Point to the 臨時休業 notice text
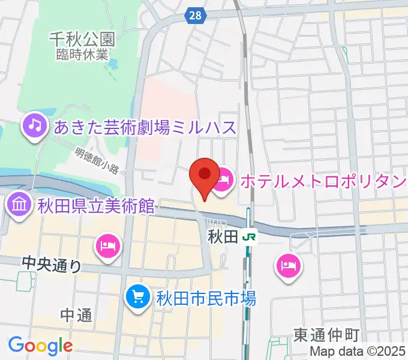pos(83,54)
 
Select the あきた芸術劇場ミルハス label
pos(146,127)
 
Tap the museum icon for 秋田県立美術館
pos(20,207)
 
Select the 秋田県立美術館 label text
pos(96,208)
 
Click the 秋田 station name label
pos(223,236)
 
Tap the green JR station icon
pos(248,237)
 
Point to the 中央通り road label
pos(51,263)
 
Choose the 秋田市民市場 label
pos(206,297)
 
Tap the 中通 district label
pos(76,315)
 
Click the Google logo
pos(40,346)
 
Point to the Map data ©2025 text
pos(358,352)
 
